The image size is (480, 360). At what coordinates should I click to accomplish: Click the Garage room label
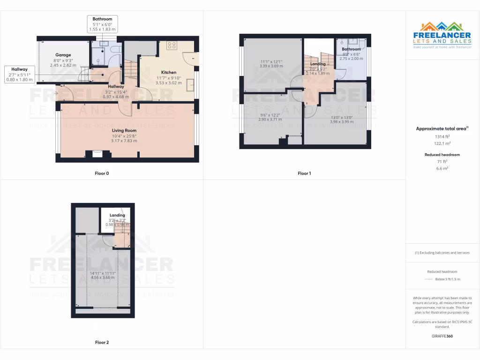pos(63,55)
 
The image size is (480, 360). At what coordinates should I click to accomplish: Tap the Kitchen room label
pos(169,72)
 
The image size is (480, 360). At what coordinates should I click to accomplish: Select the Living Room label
pos(124,130)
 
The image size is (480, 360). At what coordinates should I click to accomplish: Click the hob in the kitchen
pos(172,45)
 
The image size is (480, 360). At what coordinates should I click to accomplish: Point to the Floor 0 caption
pos(102,173)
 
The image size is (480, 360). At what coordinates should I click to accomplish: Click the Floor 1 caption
pos(304,173)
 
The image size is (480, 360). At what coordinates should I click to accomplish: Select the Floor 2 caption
pos(102,343)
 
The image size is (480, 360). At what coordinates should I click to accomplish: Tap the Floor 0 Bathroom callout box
pos(102,24)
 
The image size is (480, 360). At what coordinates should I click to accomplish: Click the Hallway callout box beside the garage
pos(20,75)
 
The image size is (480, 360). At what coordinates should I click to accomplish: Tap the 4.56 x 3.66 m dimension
pos(103,277)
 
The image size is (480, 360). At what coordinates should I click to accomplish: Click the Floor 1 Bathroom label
pos(351,49)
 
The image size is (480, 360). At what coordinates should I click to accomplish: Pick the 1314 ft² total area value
pos(442,136)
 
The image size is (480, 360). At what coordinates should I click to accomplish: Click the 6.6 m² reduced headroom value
pos(442,168)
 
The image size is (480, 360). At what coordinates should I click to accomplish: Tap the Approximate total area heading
pos(442,128)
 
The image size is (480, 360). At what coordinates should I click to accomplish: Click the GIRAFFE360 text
pos(442,336)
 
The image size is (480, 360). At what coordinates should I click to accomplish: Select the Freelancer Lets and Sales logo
pos(442,35)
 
